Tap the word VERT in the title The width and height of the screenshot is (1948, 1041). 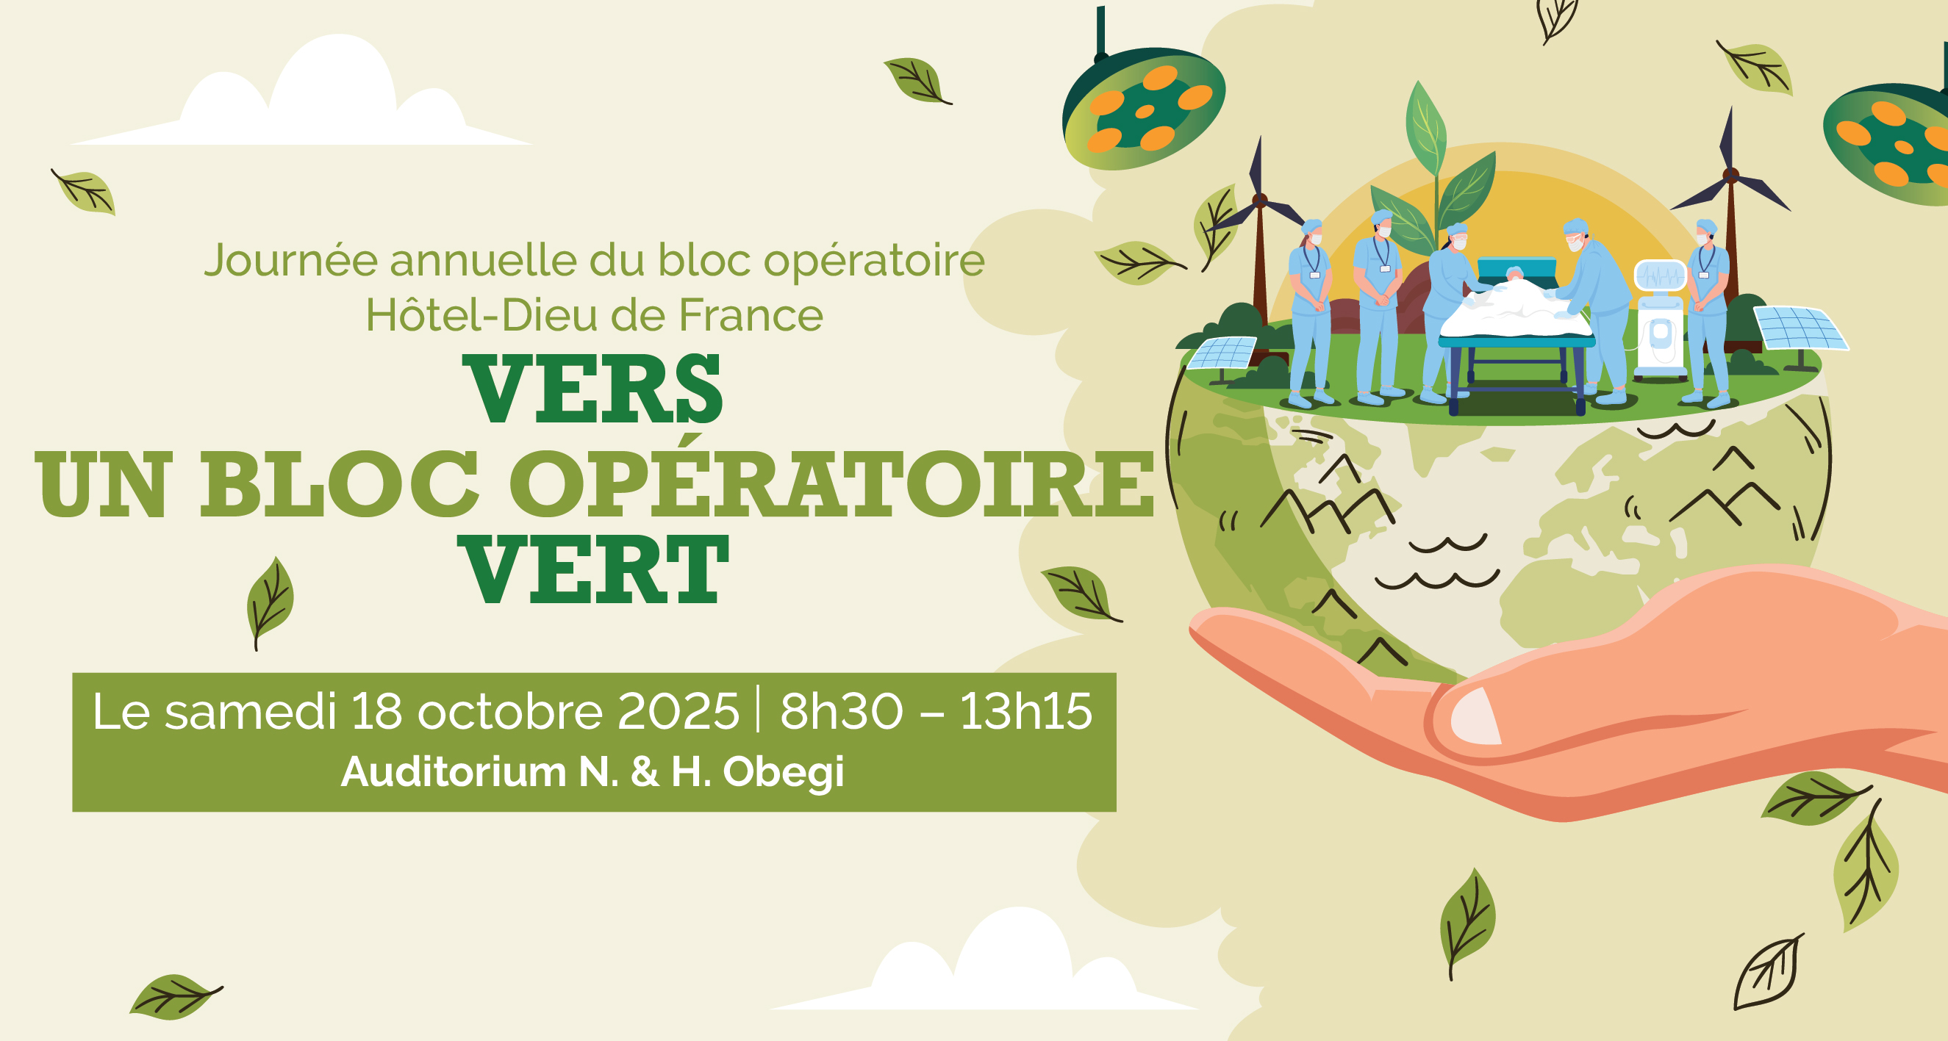pyautogui.click(x=594, y=569)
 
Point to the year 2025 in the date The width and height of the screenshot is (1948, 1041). pyautogui.click(x=678, y=711)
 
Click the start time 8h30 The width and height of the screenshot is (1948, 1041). pyautogui.click(x=841, y=711)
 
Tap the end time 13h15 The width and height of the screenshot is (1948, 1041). pyautogui.click(x=1026, y=711)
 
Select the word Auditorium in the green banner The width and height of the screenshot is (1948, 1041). pyautogui.click(x=454, y=772)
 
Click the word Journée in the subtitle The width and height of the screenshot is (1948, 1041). pyautogui.click(x=291, y=260)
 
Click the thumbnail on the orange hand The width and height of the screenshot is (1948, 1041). pyautogui.click(x=1475, y=716)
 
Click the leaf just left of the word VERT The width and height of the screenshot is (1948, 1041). pyautogui.click(x=270, y=602)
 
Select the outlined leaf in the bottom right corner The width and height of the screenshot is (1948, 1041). pyautogui.click(x=1768, y=971)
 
